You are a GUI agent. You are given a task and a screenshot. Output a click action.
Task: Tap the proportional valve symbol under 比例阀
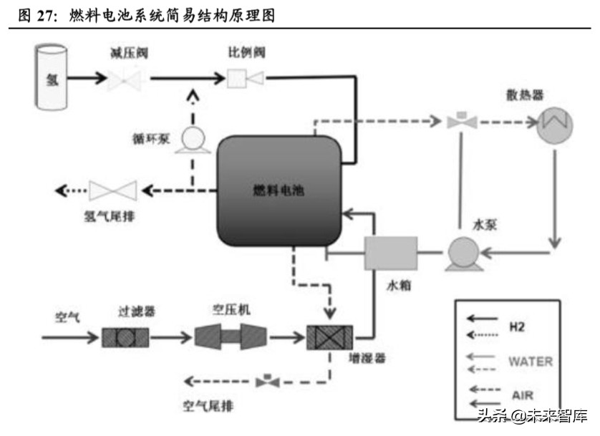click(x=244, y=77)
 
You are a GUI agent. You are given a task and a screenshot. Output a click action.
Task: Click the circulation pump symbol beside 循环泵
click(x=191, y=137)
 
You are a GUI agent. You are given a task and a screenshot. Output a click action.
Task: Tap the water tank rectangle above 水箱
click(x=391, y=253)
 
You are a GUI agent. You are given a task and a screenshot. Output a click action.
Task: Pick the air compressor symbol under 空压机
click(x=229, y=335)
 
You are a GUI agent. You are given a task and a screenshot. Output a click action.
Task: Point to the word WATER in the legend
click(x=530, y=361)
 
